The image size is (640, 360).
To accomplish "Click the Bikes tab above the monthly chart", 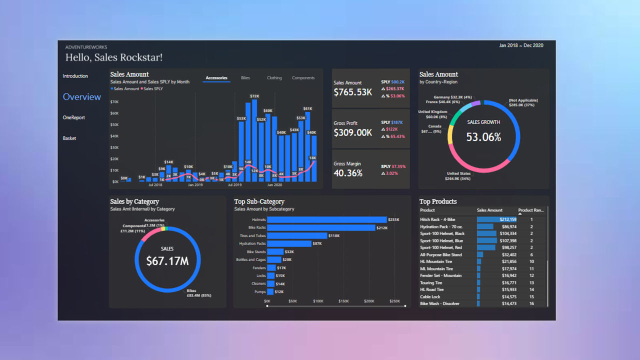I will coord(245,78).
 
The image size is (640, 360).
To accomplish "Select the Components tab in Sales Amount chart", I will coord(303,78).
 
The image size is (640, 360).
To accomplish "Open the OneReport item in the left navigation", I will coord(74,117).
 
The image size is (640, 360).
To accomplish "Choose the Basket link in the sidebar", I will coord(69,138).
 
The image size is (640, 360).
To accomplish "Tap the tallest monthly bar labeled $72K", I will coord(254,140).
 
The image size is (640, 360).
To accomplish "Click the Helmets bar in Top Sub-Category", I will coord(327,219).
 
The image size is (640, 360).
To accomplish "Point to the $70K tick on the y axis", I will coord(114,102).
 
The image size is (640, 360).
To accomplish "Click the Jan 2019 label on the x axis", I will coord(195,185).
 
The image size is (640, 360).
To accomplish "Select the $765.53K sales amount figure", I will coord(352,92).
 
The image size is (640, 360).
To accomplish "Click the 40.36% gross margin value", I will coord(348,173).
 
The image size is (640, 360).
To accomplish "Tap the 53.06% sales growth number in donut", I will coord(483,137).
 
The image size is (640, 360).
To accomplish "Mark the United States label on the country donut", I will coord(458,174).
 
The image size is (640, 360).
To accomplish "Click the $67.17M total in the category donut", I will coord(167,260).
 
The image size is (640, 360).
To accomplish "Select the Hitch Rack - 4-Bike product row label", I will coord(437,219).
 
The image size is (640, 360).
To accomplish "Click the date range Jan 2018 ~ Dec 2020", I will coord(521,45).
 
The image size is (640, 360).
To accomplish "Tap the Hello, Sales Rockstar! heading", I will coord(114,57).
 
